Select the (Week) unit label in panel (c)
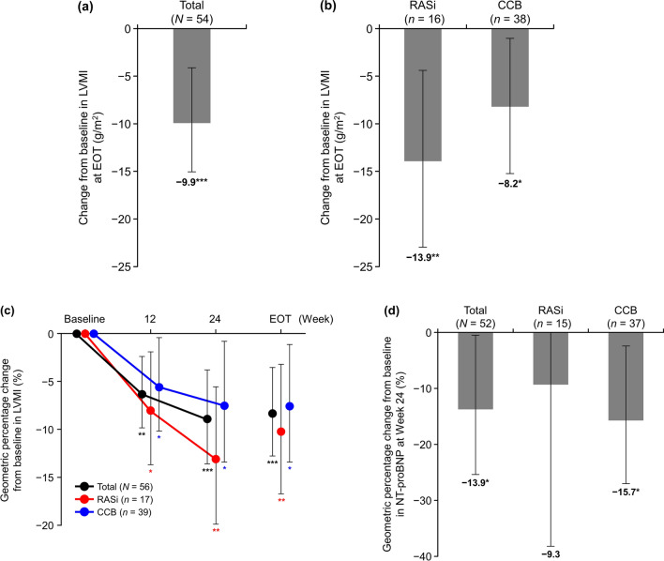coord(317,318)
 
